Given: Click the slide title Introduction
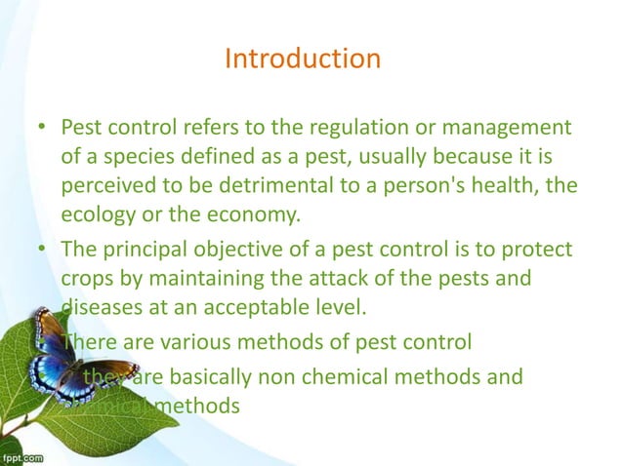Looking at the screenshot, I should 302,59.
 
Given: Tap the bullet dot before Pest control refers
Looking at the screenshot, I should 43,129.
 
